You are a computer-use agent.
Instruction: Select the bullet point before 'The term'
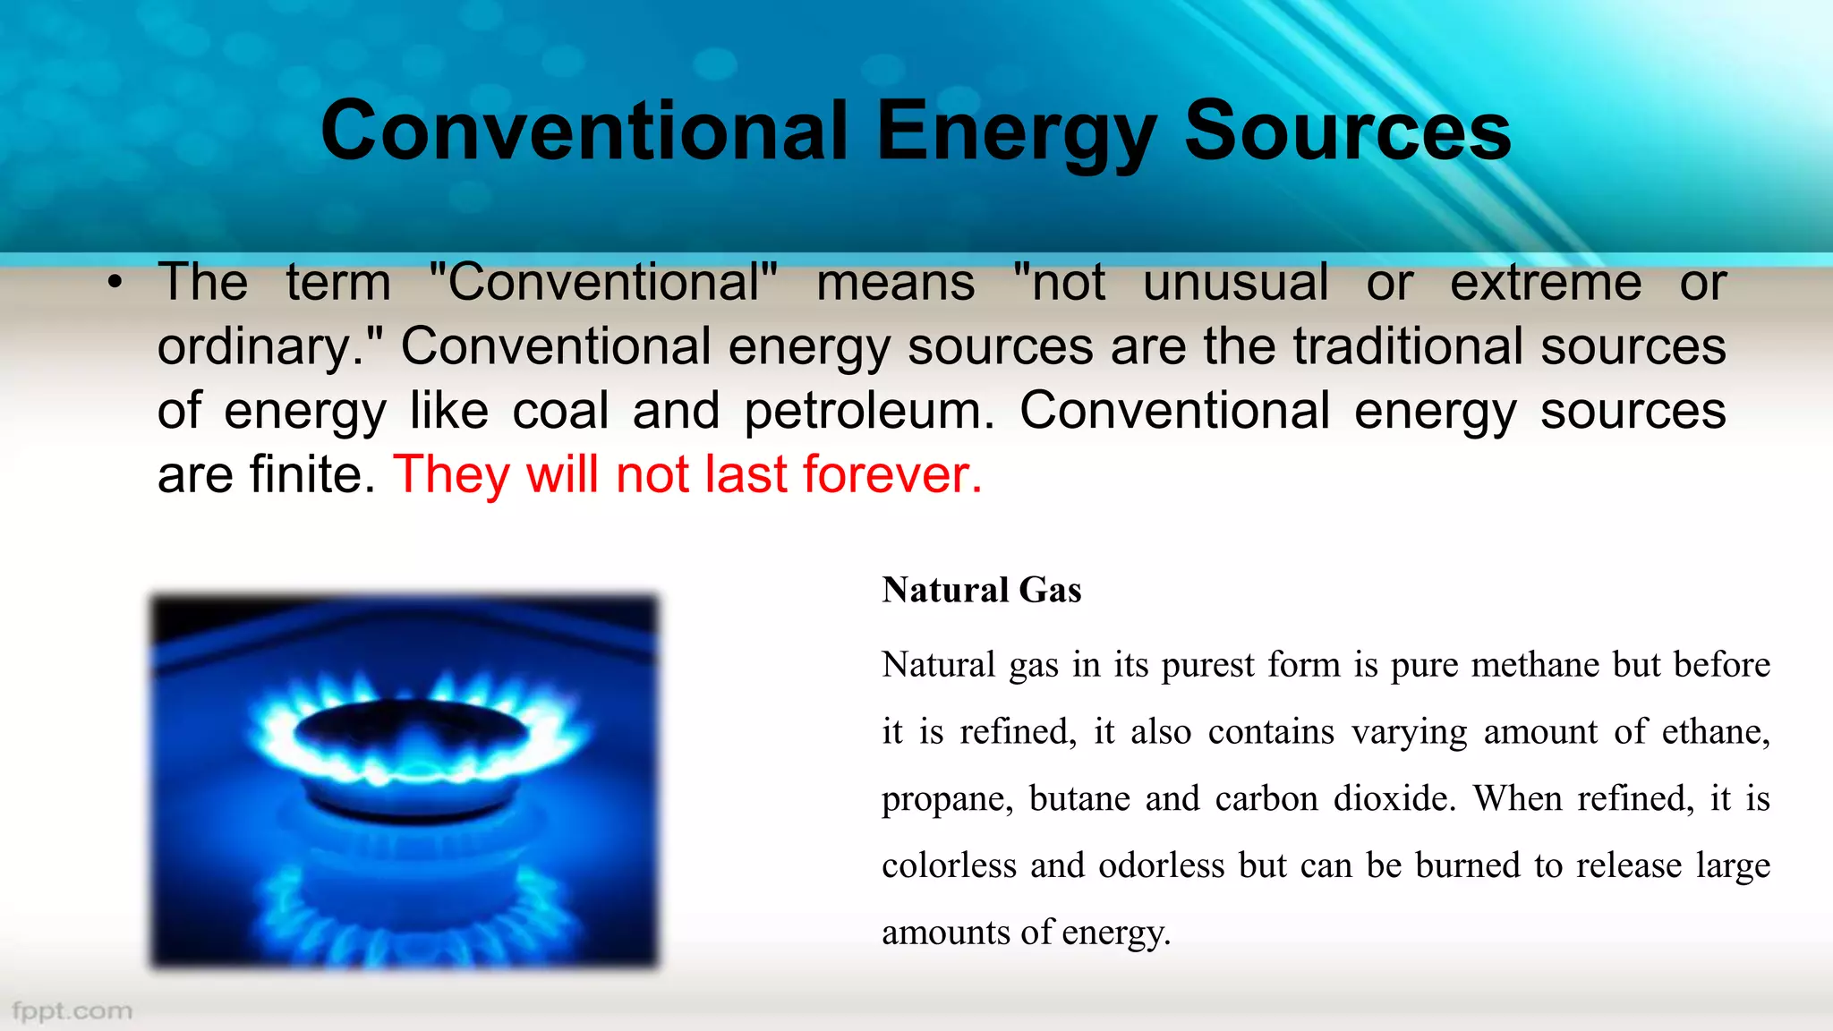click(115, 284)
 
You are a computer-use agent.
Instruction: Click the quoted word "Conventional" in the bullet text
click(603, 283)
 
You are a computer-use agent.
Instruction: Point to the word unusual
click(1235, 283)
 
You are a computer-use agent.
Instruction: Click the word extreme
click(1546, 283)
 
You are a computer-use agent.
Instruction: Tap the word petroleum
click(868, 411)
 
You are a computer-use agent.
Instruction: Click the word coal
click(560, 411)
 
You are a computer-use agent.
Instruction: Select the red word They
click(451, 474)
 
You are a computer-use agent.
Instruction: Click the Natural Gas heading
click(982, 591)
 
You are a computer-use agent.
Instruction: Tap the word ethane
click(1715, 732)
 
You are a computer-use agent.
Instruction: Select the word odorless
click(1161, 865)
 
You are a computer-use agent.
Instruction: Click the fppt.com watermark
click(72, 1011)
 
